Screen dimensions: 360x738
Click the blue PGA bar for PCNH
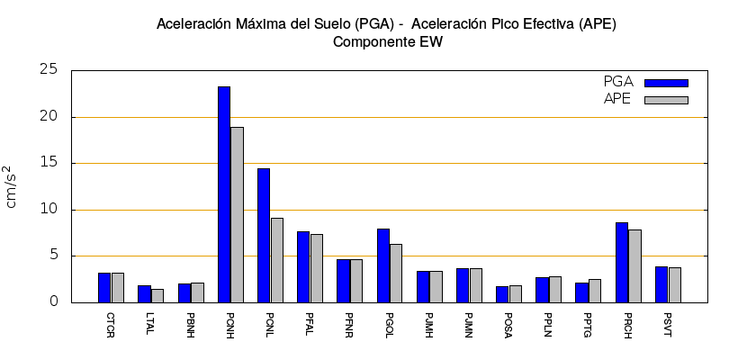point(224,194)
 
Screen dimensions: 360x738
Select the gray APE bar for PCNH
point(237,214)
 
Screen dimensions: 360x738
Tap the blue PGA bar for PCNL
point(264,235)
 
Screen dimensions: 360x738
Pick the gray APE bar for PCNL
point(277,260)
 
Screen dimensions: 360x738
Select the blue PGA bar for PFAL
point(303,266)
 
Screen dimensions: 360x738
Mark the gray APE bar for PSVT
point(675,284)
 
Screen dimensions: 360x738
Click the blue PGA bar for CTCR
point(104,287)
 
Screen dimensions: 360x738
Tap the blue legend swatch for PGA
point(666,83)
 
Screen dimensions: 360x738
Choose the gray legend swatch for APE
point(666,100)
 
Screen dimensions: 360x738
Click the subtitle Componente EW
point(388,41)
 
